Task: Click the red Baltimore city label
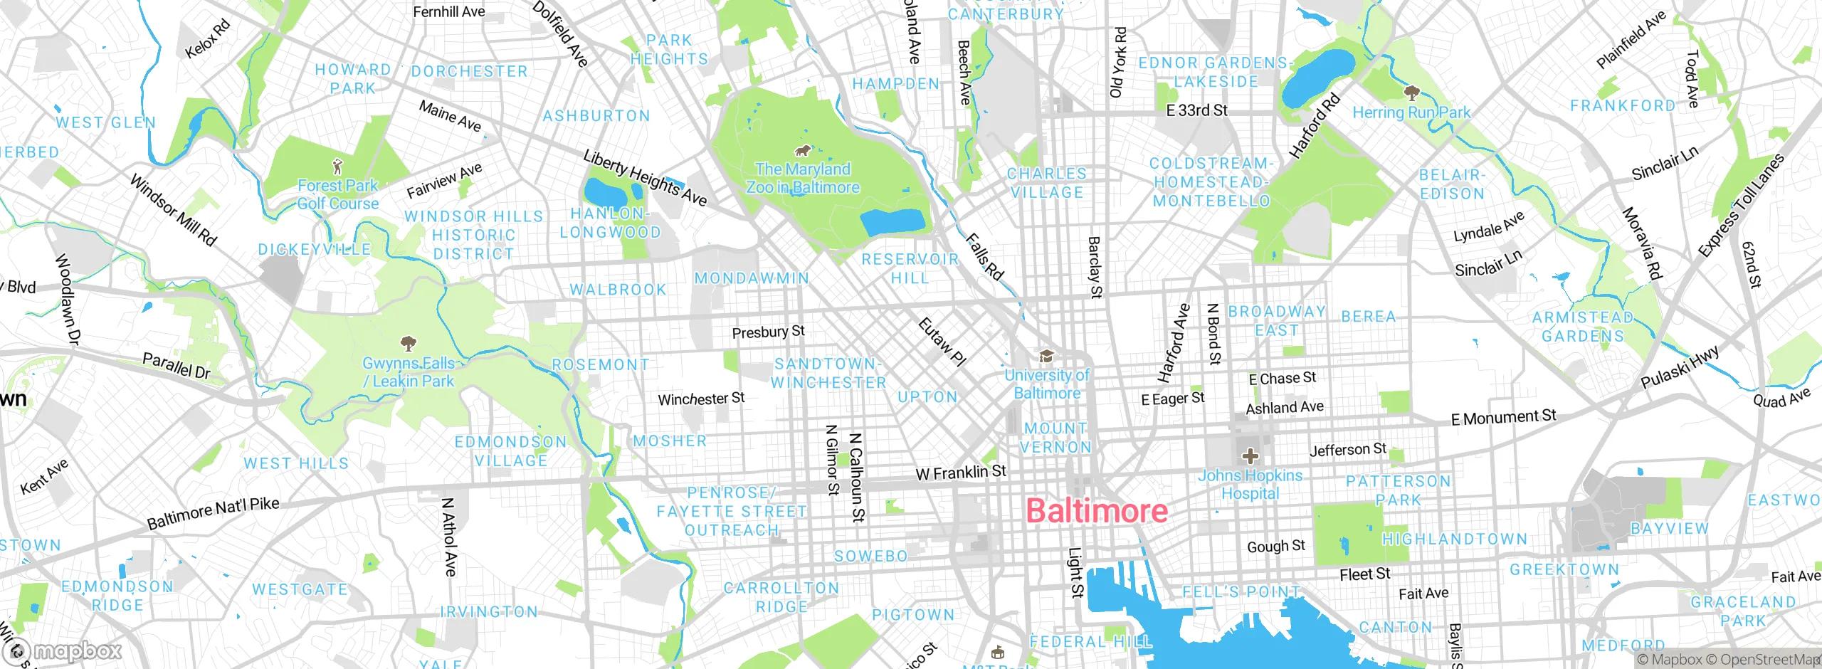(x=1097, y=511)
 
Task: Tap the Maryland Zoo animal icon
(x=803, y=151)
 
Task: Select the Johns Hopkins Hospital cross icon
(x=1250, y=456)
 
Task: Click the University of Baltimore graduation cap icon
(x=1046, y=356)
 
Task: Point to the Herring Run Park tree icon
(x=1411, y=93)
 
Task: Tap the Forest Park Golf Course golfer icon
(x=337, y=167)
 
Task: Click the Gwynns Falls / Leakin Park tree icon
(x=408, y=344)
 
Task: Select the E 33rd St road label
(x=1196, y=110)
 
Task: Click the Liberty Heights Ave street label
(x=645, y=178)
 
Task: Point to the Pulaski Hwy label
(x=1680, y=367)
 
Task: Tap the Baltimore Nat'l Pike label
(x=213, y=513)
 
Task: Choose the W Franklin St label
(x=961, y=473)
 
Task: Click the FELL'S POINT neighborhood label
(x=1241, y=592)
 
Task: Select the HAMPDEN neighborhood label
(x=896, y=84)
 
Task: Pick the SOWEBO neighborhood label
(x=871, y=556)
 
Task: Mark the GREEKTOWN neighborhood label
(x=1564, y=569)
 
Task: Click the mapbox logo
(x=64, y=650)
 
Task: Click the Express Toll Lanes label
(x=1740, y=205)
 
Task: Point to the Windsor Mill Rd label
(x=173, y=210)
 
